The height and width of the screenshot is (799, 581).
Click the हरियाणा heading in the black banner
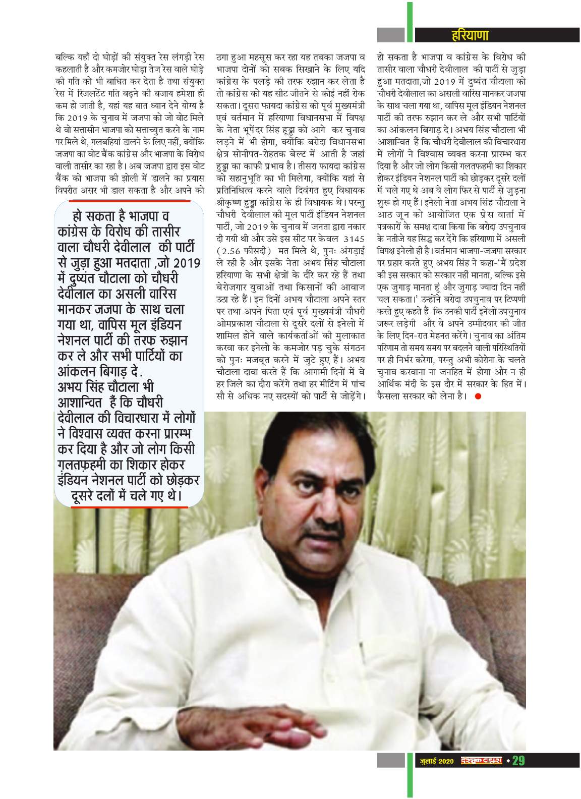(469, 36)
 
